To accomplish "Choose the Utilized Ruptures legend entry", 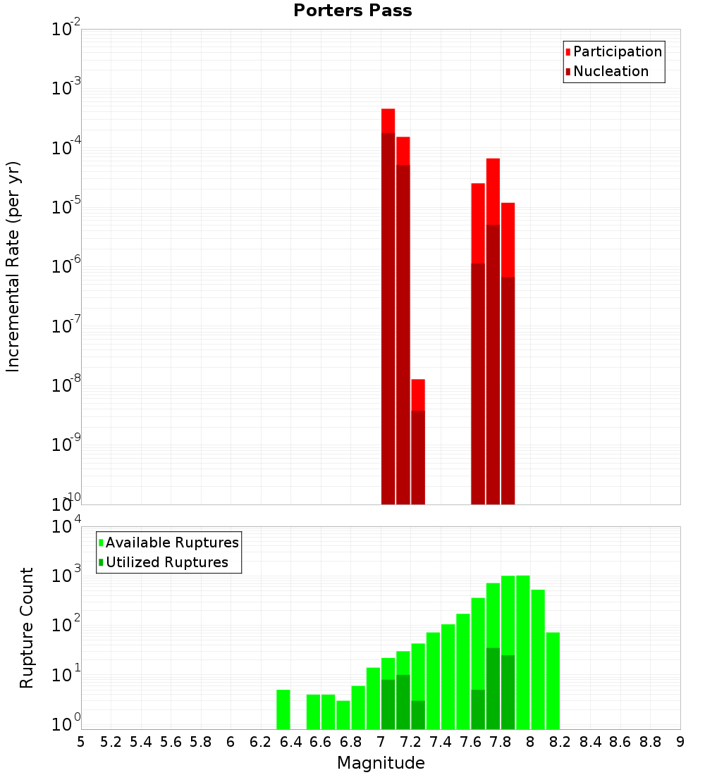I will pos(166,562).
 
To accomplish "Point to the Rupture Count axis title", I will pos(27,627).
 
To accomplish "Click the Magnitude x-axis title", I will pos(381,763).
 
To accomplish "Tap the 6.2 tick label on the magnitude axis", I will pos(260,741).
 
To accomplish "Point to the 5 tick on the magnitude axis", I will pos(81,741).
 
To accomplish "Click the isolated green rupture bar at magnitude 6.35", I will pos(283,709).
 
